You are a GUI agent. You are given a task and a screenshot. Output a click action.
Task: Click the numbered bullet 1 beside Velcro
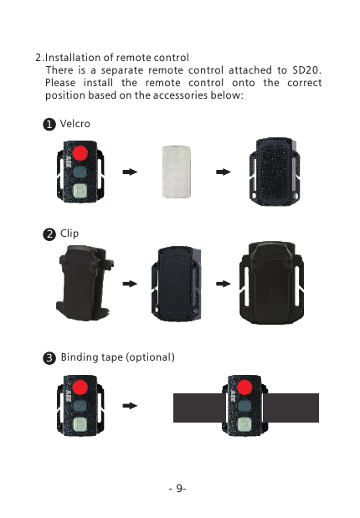(49, 124)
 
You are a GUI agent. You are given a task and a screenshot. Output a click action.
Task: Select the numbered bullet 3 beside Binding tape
(49, 358)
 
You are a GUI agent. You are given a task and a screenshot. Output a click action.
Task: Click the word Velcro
(75, 124)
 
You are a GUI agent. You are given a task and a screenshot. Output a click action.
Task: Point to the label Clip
(69, 233)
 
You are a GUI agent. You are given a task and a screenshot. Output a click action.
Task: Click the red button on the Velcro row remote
(81, 154)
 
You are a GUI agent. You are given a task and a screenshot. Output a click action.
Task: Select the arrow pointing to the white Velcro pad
(130, 172)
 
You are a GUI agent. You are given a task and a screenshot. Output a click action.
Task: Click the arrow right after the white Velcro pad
(223, 172)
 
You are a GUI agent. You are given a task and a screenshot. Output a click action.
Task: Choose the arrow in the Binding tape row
(130, 405)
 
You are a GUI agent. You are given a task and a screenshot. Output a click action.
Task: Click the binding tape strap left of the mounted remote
(198, 408)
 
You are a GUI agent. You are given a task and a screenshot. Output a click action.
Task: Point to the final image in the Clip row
(276, 285)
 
